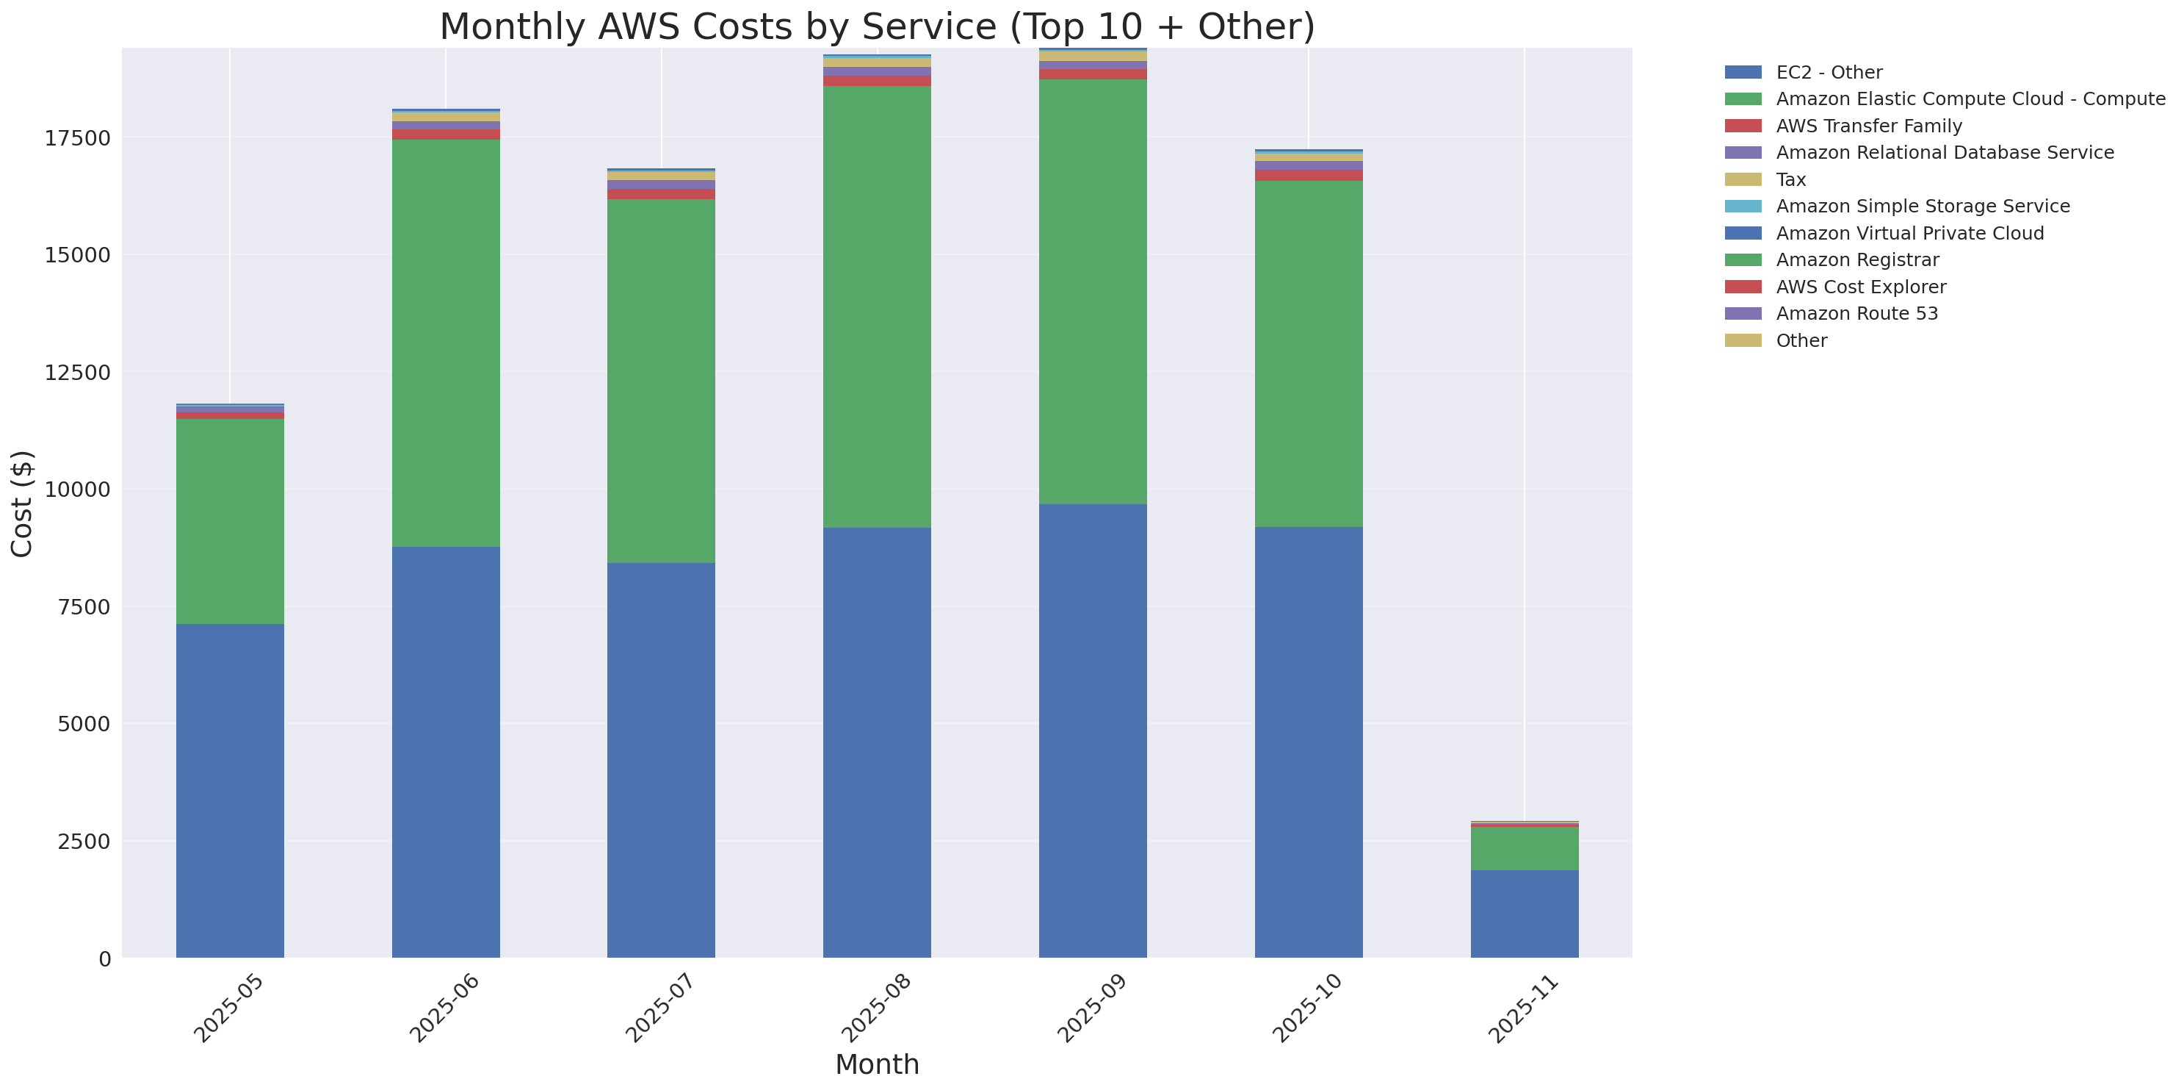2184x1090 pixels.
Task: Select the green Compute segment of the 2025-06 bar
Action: click(x=446, y=343)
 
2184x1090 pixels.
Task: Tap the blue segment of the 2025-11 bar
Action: click(x=1525, y=914)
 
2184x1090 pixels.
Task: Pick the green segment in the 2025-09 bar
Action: click(x=1093, y=292)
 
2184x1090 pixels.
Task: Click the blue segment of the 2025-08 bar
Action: click(x=877, y=742)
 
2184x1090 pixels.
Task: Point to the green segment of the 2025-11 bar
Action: click(x=1525, y=848)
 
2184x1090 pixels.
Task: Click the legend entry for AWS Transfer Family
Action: click(x=1869, y=126)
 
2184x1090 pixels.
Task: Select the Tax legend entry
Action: click(x=1790, y=180)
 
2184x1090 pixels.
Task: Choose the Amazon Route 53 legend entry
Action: click(x=1856, y=314)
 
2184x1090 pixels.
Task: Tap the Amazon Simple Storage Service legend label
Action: click(x=1922, y=206)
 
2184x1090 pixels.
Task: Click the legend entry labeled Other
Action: click(x=1801, y=340)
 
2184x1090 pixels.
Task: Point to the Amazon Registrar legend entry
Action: click(x=1856, y=259)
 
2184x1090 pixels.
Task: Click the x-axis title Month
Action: click(x=877, y=1064)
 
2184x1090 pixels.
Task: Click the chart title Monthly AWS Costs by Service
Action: click(x=877, y=26)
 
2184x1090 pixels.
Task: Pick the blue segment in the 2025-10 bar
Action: click(x=1308, y=742)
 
